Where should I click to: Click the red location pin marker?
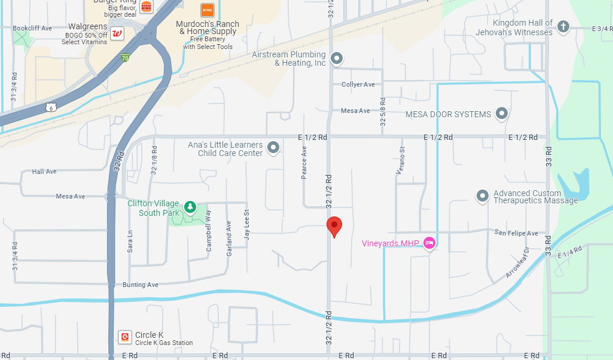334,227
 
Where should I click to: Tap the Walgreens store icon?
118,32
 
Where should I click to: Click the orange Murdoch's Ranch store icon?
208,10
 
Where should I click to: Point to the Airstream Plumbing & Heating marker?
337,58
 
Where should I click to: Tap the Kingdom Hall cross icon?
562,26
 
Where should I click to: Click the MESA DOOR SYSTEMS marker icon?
502,113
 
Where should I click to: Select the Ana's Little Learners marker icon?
273,147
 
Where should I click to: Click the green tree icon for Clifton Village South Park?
190,207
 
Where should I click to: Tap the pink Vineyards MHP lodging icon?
428,243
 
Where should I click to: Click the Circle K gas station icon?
125,337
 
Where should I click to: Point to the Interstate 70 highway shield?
124,58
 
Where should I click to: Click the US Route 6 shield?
51,106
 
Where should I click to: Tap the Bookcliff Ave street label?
32,28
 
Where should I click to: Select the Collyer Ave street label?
358,84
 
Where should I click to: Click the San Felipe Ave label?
516,233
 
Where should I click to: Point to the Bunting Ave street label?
141,285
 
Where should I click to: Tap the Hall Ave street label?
44,172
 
